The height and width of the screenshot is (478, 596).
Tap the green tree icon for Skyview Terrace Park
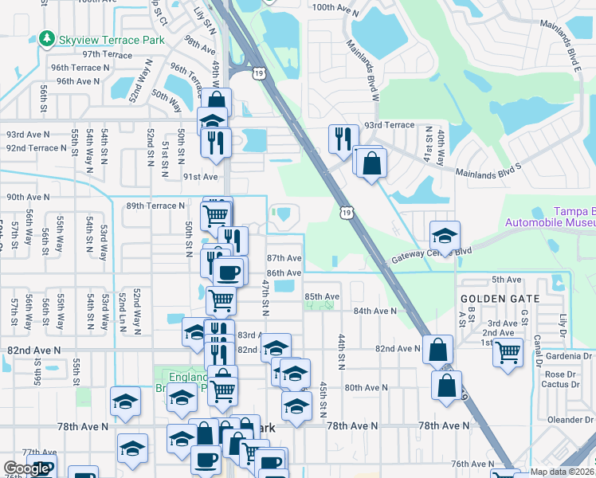(47, 38)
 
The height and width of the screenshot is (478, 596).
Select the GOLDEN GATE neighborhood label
(500, 299)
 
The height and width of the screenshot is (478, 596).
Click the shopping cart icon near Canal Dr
(507, 351)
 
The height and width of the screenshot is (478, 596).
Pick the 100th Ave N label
(338, 6)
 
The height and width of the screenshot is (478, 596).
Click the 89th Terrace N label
(156, 206)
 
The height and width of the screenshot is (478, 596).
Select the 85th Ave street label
(322, 296)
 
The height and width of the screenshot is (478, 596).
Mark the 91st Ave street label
(200, 177)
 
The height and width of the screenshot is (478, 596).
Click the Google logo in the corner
(27, 468)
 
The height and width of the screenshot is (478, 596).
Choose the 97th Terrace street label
(107, 54)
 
